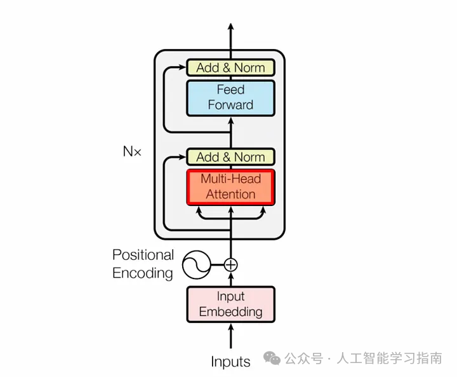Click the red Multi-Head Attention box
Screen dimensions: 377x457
[230, 187]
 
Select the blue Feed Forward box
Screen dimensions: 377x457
[230, 97]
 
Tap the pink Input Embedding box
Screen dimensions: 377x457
[230, 304]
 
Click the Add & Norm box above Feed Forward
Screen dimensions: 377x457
[230, 67]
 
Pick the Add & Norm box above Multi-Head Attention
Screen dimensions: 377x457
[230, 157]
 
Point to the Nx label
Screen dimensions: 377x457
[133, 152]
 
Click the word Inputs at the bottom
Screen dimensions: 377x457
[230, 362]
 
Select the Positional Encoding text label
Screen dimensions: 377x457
[143, 264]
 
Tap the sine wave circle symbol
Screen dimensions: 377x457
[197, 264]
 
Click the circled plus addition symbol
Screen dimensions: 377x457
[231, 264]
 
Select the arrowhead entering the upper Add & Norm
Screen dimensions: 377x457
[182, 67]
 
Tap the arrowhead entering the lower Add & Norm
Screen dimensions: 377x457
[182, 157]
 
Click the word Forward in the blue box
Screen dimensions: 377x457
[230, 105]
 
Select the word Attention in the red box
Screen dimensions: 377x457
[230, 195]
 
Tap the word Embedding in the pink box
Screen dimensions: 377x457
[230, 312]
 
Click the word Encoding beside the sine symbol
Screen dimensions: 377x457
[143, 273]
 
